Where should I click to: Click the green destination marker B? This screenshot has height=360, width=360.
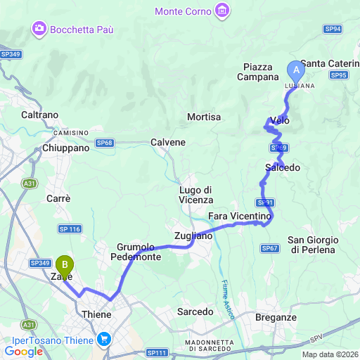(65, 265)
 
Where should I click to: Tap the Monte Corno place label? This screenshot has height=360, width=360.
(184, 11)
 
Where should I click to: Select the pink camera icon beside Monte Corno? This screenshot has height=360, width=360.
(223, 11)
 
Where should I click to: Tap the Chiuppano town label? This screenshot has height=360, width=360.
(65, 148)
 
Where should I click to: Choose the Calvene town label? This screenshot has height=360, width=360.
(168, 142)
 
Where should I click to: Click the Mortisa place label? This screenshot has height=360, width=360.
(205, 117)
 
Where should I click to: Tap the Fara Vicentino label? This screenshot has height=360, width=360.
(239, 215)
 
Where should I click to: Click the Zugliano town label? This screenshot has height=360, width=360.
(193, 236)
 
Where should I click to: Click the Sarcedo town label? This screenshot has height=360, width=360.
(195, 311)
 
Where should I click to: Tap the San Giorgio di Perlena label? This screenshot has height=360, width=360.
(314, 245)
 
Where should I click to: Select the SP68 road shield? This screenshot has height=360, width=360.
(105, 143)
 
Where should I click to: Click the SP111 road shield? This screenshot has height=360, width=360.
(157, 352)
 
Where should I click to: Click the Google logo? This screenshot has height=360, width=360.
(23, 352)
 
